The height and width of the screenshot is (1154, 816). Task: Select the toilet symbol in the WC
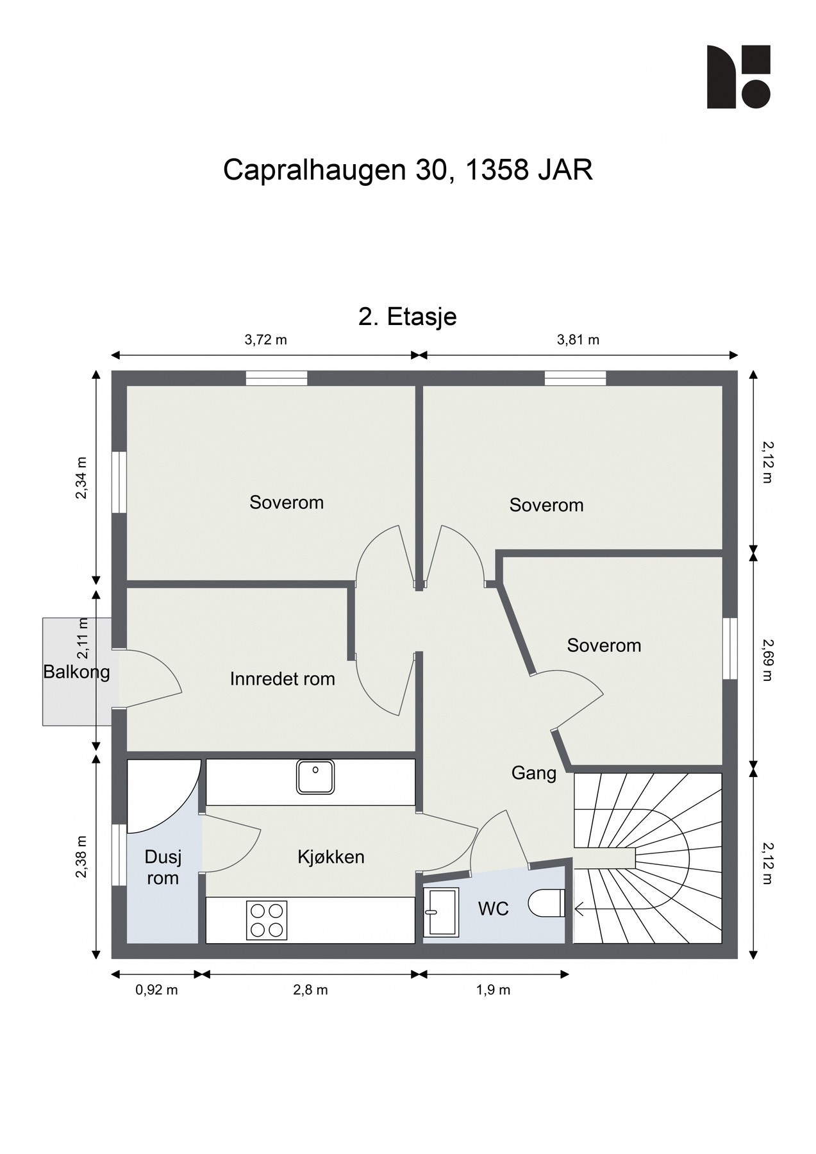pyautogui.click(x=547, y=903)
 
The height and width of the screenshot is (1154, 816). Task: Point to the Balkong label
pyautogui.click(x=76, y=672)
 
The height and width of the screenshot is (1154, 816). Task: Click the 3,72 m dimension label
pyautogui.click(x=265, y=340)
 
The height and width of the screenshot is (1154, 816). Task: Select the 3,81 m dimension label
pyautogui.click(x=578, y=340)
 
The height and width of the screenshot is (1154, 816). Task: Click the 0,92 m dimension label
pyautogui.click(x=156, y=990)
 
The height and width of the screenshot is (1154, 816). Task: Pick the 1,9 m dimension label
pyautogui.click(x=493, y=990)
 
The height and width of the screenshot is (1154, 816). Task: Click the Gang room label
pyautogui.click(x=533, y=773)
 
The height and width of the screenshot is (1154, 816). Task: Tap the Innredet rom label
pyautogui.click(x=282, y=678)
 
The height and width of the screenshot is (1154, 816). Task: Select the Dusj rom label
pyautogui.click(x=163, y=867)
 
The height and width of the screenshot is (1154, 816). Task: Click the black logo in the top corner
pyautogui.click(x=738, y=76)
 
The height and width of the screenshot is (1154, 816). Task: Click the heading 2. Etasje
pyautogui.click(x=407, y=317)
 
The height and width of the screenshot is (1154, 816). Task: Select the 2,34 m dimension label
pyautogui.click(x=81, y=477)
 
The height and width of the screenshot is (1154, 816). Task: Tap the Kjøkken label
pyautogui.click(x=331, y=857)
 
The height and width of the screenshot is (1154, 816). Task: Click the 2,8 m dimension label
pyautogui.click(x=310, y=990)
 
